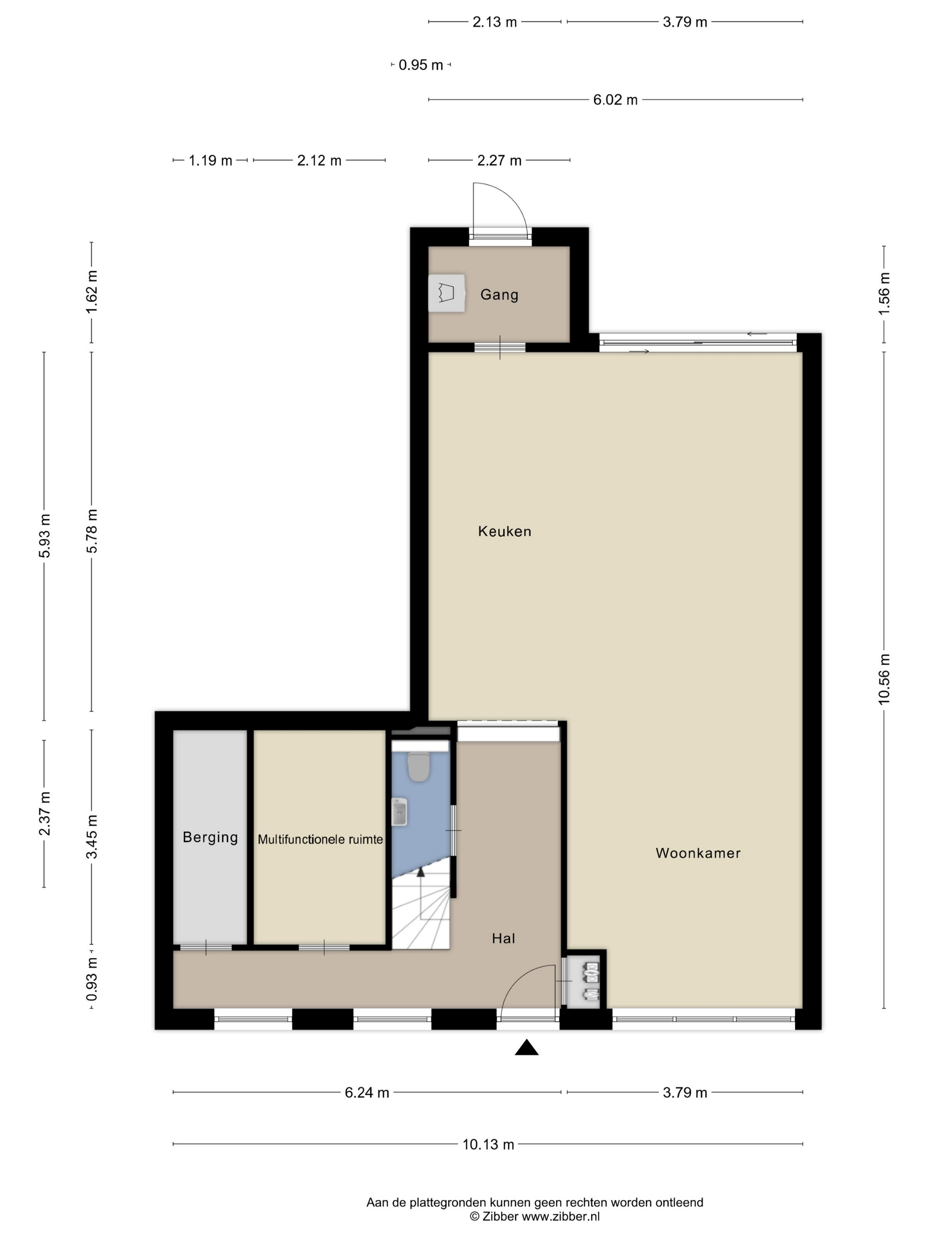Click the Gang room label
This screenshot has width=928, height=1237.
(x=499, y=295)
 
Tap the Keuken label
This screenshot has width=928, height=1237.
(x=505, y=531)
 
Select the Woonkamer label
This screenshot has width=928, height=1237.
(x=698, y=853)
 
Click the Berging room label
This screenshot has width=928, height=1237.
(x=210, y=837)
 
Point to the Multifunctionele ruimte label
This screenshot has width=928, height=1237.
(x=320, y=839)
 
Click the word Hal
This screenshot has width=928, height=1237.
(x=503, y=938)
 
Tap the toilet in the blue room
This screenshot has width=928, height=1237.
(x=418, y=766)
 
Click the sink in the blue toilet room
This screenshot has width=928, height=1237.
(x=399, y=812)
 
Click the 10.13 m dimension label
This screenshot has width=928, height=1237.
(x=488, y=1144)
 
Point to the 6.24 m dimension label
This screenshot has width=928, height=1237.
(x=366, y=1092)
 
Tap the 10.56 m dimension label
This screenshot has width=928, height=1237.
(x=884, y=679)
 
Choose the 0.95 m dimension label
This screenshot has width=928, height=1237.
(x=421, y=65)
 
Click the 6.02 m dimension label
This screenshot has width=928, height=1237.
(x=615, y=99)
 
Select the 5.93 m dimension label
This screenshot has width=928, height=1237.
(x=44, y=536)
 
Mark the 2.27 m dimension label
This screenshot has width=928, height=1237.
(x=499, y=160)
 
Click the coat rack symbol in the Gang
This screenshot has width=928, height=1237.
(x=446, y=293)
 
